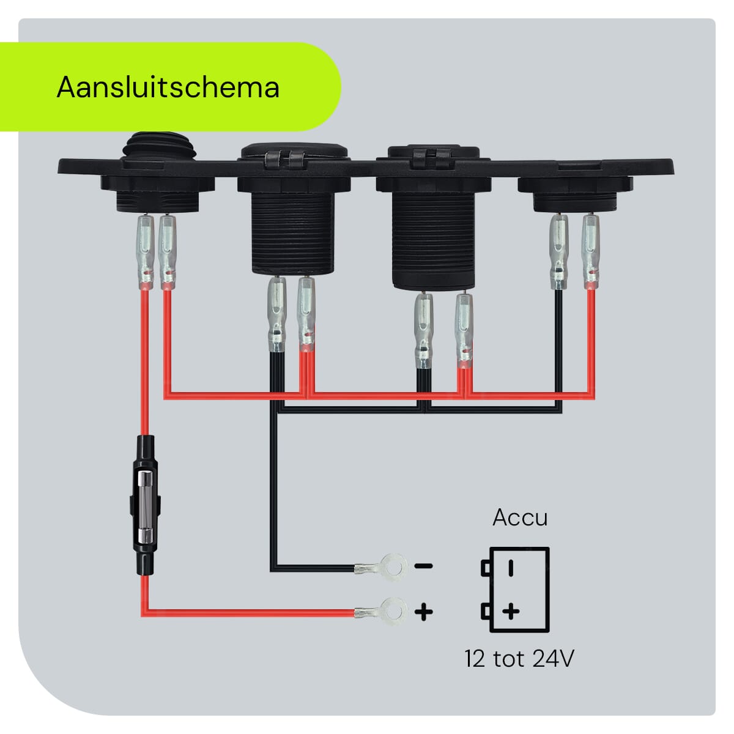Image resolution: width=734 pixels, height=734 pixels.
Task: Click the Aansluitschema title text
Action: coord(168,87)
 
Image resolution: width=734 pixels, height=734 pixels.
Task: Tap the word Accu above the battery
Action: coord(520,517)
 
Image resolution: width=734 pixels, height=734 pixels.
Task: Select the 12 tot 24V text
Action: coord(519,659)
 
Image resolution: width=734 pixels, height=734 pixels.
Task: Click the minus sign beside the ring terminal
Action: coord(424,566)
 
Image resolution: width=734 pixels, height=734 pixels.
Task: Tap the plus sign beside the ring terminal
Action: coord(424,611)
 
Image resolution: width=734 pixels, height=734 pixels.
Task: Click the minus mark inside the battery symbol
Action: coord(511,568)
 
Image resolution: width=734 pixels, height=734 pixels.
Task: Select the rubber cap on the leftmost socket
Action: coord(158,147)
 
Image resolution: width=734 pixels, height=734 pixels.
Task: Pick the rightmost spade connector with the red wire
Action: coord(590,251)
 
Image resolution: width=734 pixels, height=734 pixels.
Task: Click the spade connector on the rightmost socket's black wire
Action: coord(558,251)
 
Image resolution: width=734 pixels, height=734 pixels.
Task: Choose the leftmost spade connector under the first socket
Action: coord(145,251)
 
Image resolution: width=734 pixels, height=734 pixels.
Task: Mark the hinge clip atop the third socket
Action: coord(432,159)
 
